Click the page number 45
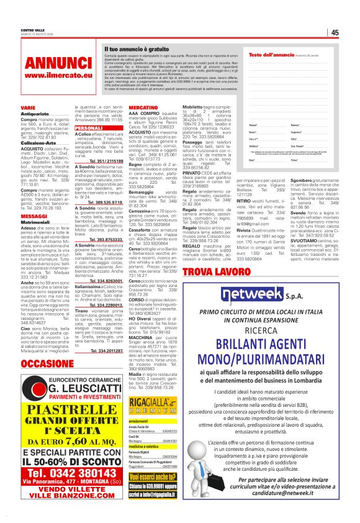334,33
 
